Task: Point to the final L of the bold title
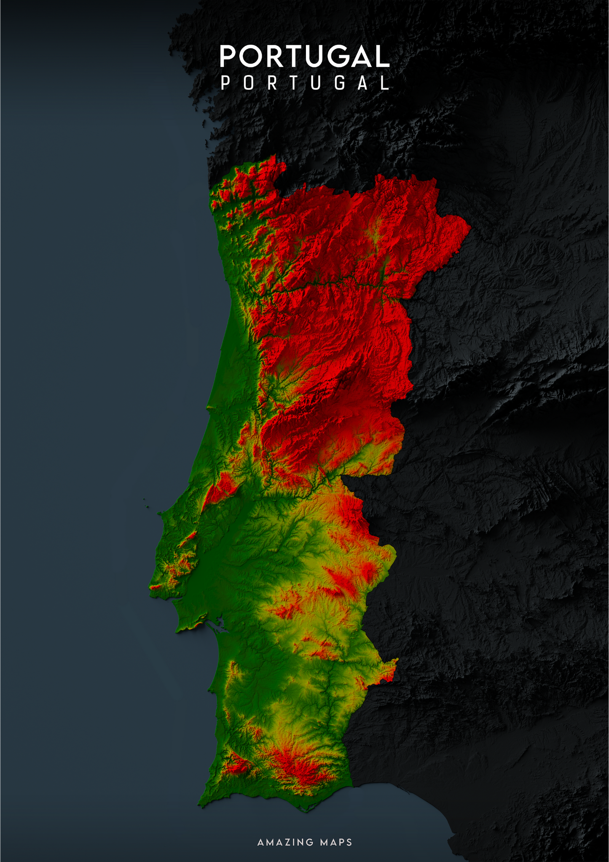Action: click(381, 57)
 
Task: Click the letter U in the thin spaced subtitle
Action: click(316, 83)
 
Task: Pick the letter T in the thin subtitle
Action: click(294, 83)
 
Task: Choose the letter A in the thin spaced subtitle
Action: click(363, 83)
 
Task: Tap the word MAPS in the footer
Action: click(336, 842)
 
